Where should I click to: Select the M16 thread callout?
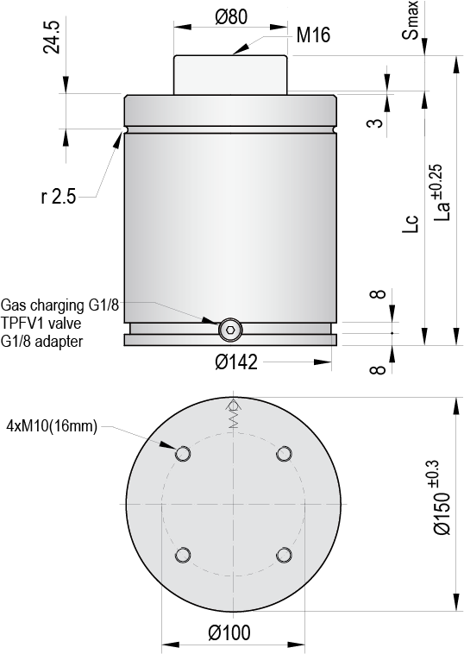tap(313, 35)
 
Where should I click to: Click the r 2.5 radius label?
tap(59, 198)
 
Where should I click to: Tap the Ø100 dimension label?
tap(229, 634)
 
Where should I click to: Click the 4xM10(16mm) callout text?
tap(53, 425)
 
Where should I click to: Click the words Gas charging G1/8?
tap(72, 305)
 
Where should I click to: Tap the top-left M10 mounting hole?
tap(182, 454)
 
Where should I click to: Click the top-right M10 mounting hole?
tap(283, 454)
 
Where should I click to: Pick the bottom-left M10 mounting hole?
tap(182, 554)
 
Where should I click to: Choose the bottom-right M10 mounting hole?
tap(283, 554)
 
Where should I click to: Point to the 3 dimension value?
tap(373, 123)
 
